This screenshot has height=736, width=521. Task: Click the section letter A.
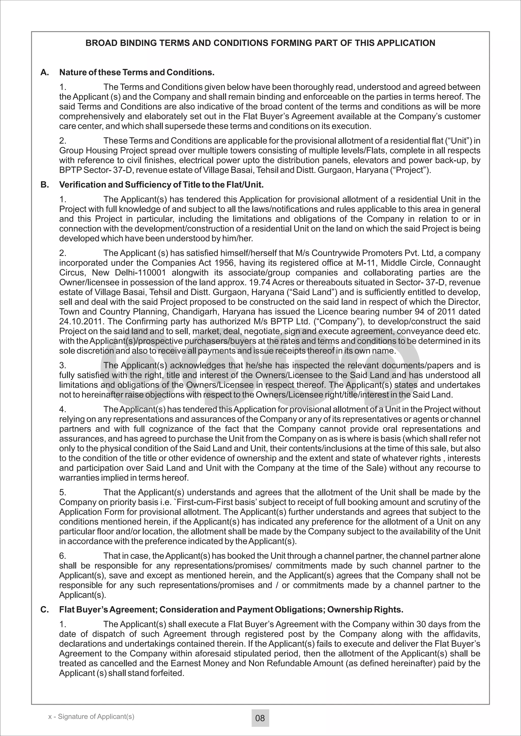pos(45,72)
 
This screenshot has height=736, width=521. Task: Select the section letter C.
pos(45,610)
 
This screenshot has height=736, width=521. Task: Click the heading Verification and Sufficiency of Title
pos(161,185)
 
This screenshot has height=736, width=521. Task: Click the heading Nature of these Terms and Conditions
pos(137,72)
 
